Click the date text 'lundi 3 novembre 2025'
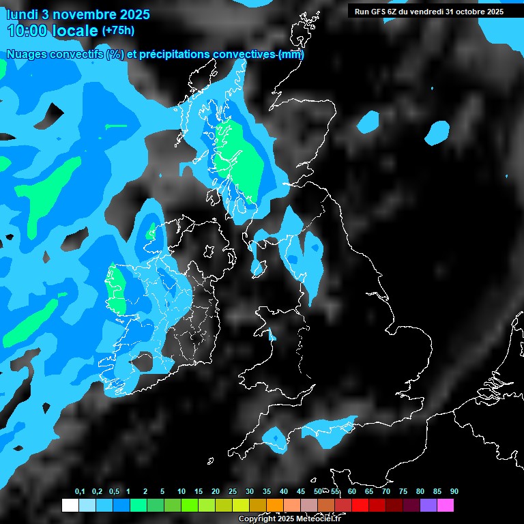[x=78, y=14]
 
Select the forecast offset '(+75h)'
[x=118, y=31]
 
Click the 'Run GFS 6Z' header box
[x=428, y=11]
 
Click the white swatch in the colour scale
[x=70, y=506]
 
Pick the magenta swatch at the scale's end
[x=446, y=506]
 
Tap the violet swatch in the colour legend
[x=428, y=506]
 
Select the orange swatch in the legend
[x=274, y=506]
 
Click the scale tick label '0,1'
[x=80, y=492]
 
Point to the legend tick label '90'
[x=454, y=492]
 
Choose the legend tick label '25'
[x=233, y=492]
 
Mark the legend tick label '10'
[x=181, y=492]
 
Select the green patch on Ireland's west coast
[x=115, y=290]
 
